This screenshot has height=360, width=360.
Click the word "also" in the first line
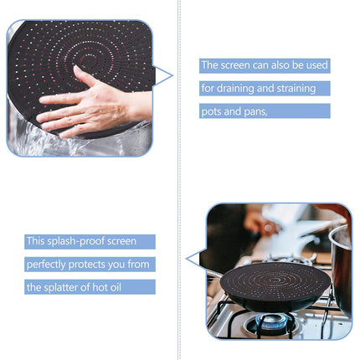point(280,65)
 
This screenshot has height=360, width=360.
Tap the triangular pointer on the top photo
point(164,77)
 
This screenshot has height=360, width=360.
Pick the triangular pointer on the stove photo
point(194,259)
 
